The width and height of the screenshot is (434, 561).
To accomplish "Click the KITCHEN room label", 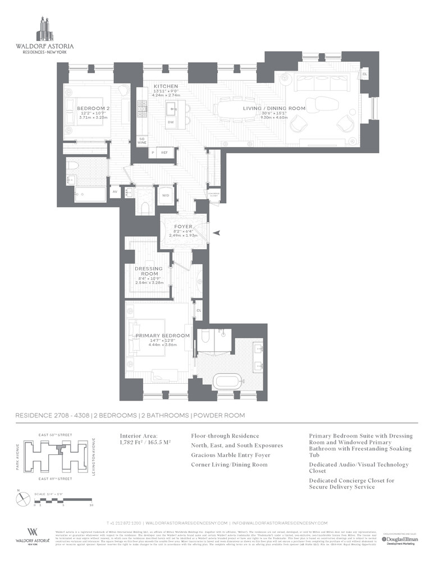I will pyautogui.click(x=166, y=86).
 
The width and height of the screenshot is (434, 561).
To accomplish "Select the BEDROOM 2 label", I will pyautogui.click(x=93, y=108).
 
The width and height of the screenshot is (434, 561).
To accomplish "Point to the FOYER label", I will pyautogui.click(x=182, y=227).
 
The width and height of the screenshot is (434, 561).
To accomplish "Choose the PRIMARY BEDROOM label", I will pyautogui.click(x=162, y=335).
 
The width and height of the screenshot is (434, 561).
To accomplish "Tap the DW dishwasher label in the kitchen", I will pyautogui.click(x=170, y=122).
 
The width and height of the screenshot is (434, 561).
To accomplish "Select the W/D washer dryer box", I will pyautogui.click(x=166, y=195).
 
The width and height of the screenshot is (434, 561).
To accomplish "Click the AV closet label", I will pyautogui.click(x=115, y=192).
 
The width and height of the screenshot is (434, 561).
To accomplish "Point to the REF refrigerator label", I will pyautogui.click(x=165, y=152).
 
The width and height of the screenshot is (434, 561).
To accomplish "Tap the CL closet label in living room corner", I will pyautogui.click(x=364, y=74).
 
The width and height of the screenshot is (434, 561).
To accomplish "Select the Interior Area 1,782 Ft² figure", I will pyautogui.click(x=145, y=442).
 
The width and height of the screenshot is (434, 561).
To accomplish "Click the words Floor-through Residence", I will pyautogui.click(x=225, y=435).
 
